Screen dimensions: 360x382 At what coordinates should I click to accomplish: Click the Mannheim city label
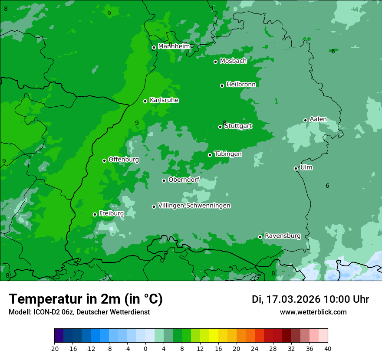pyautogui.click(x=174, y=46)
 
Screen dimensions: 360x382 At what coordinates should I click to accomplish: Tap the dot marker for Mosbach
pyautogui.click(x=215, y=62)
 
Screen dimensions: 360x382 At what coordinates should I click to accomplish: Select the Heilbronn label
pyautogui.click(x=240, y=84)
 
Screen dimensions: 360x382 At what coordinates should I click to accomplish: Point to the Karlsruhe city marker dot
pyautogui.click(x=145, y=101)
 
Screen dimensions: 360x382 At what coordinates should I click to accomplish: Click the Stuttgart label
pyautogui.click(x=238, y=126)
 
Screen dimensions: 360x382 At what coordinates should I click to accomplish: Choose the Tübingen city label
pyautogui.click(x=227, y=154)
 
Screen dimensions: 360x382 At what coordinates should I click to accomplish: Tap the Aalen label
pyautogui.click(x=318, y=119)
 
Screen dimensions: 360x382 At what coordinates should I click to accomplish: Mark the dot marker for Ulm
pyautogui.click(x=296, y=168)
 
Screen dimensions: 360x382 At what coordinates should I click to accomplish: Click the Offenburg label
pyautogui.click(x=123, y=160)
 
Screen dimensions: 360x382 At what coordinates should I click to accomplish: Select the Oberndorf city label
pyautogui.click(x=184, y=180)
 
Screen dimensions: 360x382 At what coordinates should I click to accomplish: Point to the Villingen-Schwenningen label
pyautogui.click(x=194, y=206)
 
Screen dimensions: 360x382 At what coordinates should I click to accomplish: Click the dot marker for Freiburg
pyautogui.click(x=95, y=214)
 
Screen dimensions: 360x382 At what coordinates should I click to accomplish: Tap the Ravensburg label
pyautogui.click(x=283, y=236)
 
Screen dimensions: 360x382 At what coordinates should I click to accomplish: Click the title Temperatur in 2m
pyautogui.click(x=86, y=299)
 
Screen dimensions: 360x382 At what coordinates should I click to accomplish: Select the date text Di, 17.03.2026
pyautogui.click(x=286, y=299)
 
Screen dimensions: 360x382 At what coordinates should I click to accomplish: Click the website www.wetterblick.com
pyautogui.click(x=313, y=312)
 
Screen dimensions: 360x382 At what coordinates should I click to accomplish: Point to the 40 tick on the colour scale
pyautogui.click(x=328, y=348)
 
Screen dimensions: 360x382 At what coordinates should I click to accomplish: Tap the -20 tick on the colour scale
pyautogui.click(x=54, y=348)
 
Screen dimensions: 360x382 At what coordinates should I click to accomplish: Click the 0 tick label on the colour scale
pyautogui.click(x=145, y=348)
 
